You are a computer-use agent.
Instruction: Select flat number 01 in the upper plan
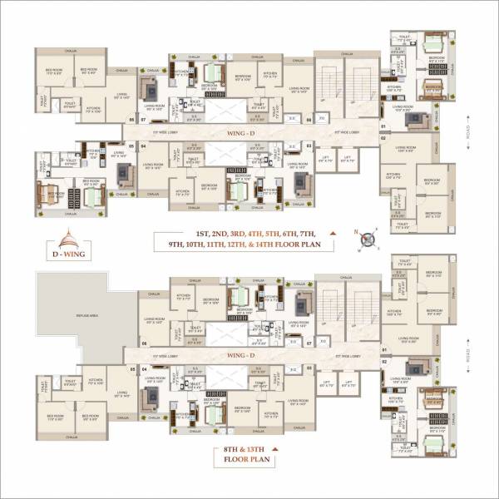[x=383, y=126]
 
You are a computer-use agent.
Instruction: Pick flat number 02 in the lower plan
[x=383, y=361]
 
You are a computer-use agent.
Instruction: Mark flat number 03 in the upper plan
[x=309, y=146]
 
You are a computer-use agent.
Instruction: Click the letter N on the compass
[x=356, y=234]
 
